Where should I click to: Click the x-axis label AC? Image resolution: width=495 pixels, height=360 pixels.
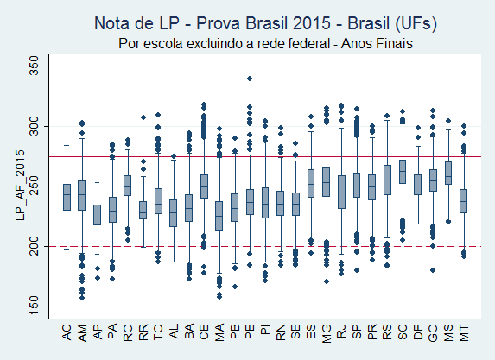tap(67, 332)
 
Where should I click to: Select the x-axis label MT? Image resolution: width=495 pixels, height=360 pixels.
tap(463, 332)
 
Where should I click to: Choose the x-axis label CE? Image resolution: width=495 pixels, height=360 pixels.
tap(204, 332)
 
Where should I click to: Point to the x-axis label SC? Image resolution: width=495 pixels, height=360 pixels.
tap(403, 332)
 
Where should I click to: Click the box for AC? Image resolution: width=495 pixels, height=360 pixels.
tap(67, 197)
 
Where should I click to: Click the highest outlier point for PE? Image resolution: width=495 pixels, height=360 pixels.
tap(250, 79)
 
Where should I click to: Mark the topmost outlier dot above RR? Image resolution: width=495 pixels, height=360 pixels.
tap(143, 117)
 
